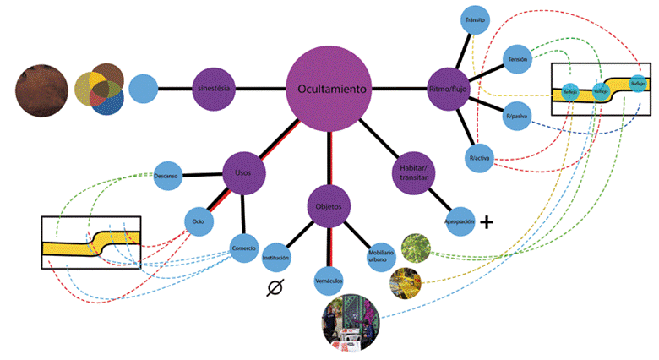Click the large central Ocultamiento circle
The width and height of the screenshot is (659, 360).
pos(329,88)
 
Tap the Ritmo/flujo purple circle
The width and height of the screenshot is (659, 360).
pos(449,88)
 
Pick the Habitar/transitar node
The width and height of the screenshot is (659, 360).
pos(413,172)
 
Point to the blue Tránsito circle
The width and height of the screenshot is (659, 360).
pos(474,19)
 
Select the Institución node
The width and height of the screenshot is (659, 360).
pos(276,256)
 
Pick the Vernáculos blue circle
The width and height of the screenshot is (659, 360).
pos(328,279)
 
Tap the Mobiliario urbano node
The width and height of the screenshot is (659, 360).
pos(379,255)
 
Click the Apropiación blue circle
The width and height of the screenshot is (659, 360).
pos(458,221)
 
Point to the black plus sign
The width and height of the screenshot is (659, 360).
pos(487,222)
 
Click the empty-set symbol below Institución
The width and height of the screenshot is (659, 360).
pos(274,287)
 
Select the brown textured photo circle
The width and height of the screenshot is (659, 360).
pos(42,87)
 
